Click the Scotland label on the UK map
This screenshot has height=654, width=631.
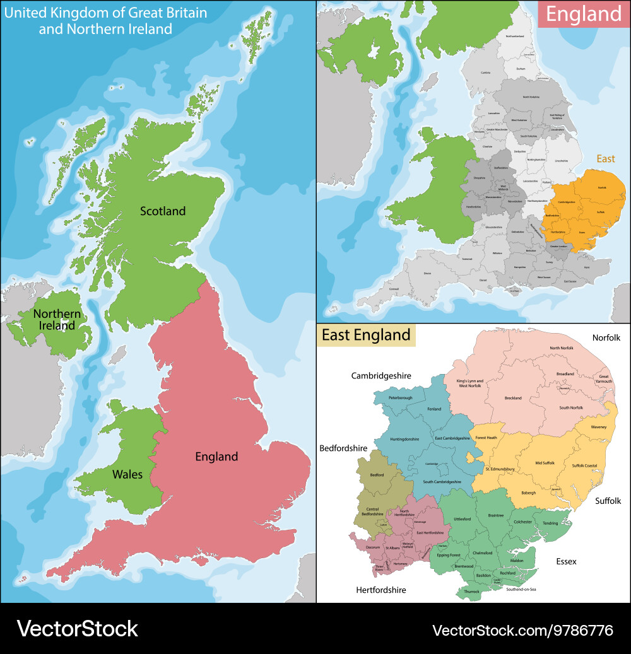click(x=163, y=211)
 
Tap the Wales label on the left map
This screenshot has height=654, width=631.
click(x=127, y=474)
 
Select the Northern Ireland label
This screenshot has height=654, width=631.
click(x=57, y=320)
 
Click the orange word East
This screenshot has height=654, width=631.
click(x=605, y=159)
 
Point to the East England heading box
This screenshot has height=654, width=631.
click(x=366, y=335)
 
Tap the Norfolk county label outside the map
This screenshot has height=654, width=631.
click(x=606, y=338)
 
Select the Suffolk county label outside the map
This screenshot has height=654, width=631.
click(x=609, y=501)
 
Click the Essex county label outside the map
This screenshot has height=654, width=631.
click(x=566, y=561)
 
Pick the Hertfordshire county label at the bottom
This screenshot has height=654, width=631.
click(x=372, y=590)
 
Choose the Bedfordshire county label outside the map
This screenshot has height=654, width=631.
click(x=343, y=448)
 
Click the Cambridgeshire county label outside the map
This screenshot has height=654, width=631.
click(x=381, y=376)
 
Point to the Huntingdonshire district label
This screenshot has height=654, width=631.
click(x=404, y=439)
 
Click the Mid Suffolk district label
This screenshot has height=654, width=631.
click(x=545, y=463)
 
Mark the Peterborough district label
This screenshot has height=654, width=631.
click(x=400, y=398)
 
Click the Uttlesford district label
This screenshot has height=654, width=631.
click(x=462, y=519)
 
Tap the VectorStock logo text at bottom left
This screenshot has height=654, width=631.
click(x=77, y=629)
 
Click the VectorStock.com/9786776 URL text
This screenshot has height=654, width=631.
click(x=522, y=630)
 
